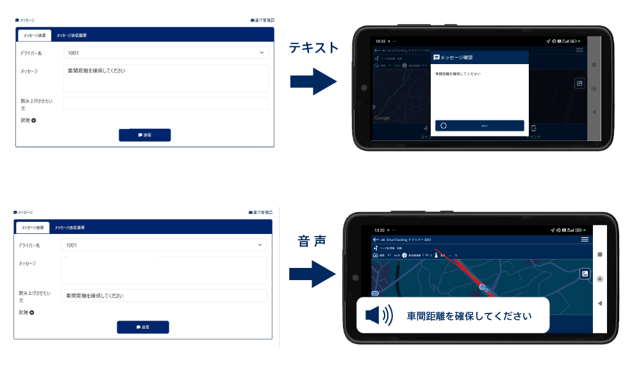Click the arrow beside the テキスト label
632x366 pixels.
point(313,81)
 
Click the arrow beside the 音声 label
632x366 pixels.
point(312,274)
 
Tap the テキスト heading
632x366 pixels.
point(313,47)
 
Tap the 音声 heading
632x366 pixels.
point(312,241)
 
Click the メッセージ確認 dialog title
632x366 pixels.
point(457,58)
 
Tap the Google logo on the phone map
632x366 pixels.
point(382,118)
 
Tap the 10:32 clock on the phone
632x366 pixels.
point(380,41)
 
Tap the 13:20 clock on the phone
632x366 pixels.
point(379,230)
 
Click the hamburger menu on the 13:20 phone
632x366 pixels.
point(585,239)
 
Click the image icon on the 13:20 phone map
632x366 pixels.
point(585,274)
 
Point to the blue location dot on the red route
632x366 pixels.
point(482,287)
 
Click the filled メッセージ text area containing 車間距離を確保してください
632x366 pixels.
point(166,78)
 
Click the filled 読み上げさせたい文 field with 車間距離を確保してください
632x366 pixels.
point(164,295)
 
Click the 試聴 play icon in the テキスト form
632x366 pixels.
point(34,120)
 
